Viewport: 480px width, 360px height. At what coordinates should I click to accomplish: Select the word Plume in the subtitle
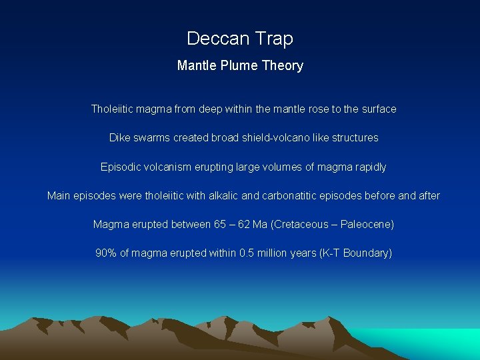tap(239, 65)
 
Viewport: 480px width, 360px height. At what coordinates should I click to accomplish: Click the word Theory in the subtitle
tap(283, 65)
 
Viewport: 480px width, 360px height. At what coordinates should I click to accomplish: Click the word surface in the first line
tap(378, 109)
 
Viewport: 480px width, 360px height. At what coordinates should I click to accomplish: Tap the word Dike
tap(120, 138)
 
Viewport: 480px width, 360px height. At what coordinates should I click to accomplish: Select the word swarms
tap(152, 138)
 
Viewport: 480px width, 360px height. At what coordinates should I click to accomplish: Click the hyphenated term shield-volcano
tap(270, 138)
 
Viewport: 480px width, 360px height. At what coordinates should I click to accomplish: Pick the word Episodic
tap(121, 167)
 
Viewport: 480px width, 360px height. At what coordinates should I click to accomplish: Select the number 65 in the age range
tap(219, 224)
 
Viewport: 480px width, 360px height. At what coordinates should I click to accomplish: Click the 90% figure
tap(106, 253)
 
